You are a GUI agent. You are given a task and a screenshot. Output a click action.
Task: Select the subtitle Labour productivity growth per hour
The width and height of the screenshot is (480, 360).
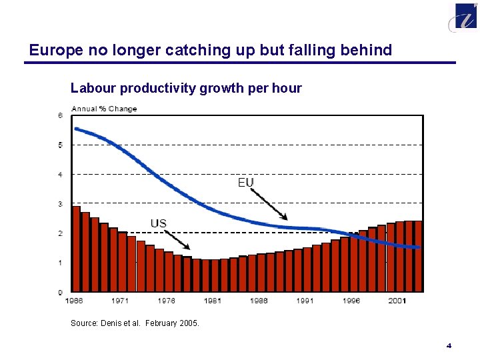coord(186,88)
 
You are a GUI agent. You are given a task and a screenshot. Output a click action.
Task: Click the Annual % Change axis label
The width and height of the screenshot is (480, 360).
coord(104,109)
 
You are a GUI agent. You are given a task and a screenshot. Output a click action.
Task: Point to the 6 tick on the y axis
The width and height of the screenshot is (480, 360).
coord(60,115)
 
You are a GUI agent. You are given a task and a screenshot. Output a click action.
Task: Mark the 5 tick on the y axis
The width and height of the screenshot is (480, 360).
coord(60,145)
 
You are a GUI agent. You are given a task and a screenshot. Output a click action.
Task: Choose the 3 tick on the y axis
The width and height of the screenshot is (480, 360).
coord(60,204)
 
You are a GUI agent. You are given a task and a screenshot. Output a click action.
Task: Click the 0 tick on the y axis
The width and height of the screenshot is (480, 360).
coord(60,292)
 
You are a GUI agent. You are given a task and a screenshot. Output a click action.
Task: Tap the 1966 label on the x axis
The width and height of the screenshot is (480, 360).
coord(74,301)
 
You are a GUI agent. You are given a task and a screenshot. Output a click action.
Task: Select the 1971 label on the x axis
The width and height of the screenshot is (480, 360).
coord(120,301)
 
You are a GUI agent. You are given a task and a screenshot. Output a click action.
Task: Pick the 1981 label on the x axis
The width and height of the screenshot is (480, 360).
coord(213,301)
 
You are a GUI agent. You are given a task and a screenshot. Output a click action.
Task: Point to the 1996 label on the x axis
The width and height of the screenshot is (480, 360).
coord(351,301)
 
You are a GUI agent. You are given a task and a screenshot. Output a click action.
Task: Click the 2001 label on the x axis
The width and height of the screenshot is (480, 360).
coord(398,301)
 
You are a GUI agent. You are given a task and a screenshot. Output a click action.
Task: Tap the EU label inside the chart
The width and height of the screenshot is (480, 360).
coord(246,182)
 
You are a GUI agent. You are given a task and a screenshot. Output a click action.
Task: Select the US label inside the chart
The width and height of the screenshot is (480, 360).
coord(158,223)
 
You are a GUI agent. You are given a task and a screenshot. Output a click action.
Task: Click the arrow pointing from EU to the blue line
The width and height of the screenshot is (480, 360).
coord(270,204)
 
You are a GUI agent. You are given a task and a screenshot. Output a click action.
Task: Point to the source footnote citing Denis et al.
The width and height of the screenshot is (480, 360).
coord(135,323)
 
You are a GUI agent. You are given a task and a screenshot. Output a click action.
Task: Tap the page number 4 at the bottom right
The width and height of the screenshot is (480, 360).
coord(449,345)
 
